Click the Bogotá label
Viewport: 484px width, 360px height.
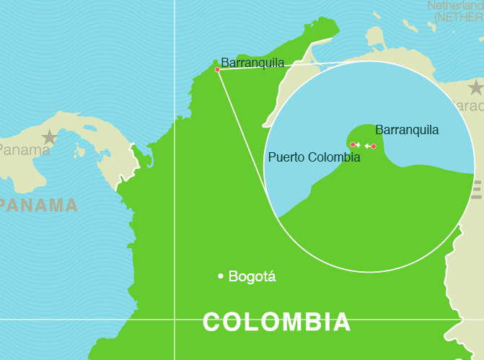252,276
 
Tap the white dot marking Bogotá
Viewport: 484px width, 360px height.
220,276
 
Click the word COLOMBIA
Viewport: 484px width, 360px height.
276,322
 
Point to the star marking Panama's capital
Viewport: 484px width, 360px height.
49,137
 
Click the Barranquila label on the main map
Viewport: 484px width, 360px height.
252,63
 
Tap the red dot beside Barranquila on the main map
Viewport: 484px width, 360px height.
217,69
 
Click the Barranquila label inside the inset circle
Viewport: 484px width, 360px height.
407,130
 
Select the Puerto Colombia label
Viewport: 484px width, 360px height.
314,157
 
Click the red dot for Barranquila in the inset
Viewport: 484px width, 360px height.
374,146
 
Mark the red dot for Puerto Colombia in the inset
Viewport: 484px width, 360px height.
352,145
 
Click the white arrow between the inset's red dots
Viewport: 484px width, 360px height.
366,146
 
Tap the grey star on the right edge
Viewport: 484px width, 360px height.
475,88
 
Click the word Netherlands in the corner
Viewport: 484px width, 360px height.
455,6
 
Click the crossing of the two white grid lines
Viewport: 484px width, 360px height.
175,318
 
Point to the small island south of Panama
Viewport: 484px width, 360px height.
77,151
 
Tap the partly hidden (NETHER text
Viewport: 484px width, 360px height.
459,17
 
